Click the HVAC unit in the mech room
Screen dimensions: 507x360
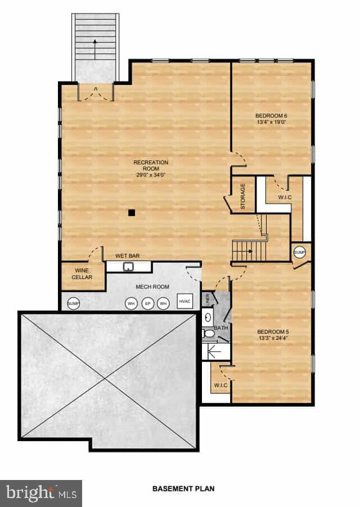[x=185, y=302]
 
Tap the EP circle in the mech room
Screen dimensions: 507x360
[x=147, y=303]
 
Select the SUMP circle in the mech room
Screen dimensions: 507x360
[x=74, y=303]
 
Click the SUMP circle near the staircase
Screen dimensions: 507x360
[x=299, y=252]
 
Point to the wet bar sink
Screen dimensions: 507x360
[x=128, y=267]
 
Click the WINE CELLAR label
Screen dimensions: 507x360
[x=82, y=274]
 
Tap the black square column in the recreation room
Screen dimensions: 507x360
[x=131, y=213]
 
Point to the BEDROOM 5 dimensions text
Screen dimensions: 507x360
[x=272, y=338]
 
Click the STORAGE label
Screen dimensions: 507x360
[x=243, y=196]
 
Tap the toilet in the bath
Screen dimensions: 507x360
[x=209, y=334]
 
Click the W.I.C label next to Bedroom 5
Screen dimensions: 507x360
[x=220, y=385]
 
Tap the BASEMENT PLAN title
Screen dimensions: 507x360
[x=183, y=488]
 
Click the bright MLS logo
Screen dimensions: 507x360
[x=40, y=493]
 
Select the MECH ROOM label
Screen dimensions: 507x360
[x=152, y=287]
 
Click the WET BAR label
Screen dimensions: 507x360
[x=127, y=256]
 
